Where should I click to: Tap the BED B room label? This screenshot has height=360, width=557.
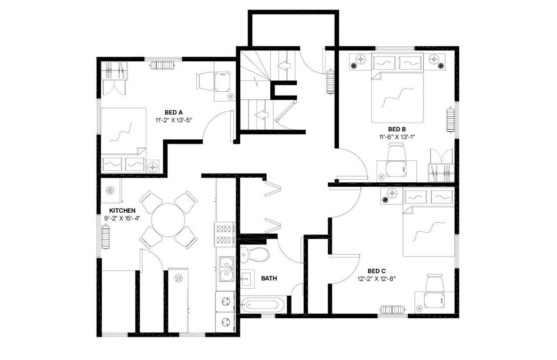tap(397, 129)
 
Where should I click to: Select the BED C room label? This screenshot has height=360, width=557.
tap(376, 270)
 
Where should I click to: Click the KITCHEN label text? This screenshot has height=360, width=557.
tap(122, 210)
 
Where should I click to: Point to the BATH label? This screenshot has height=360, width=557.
tap(269, 278)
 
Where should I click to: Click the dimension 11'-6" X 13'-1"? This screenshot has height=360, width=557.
tap(397, 137)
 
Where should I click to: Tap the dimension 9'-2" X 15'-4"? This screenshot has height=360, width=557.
tap(122, 218)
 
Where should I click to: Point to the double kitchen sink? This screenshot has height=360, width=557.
tap(226, 269)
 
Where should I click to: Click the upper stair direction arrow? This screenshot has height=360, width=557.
tap(284, 66)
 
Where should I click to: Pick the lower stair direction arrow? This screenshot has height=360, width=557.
tap(262, 115)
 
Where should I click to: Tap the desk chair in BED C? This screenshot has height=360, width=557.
tap(434, 284)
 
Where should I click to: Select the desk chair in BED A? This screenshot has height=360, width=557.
tap(205, 81)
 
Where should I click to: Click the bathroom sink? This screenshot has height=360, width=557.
tap(247, 279)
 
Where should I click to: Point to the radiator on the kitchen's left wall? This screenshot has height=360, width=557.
tap(106, 237)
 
